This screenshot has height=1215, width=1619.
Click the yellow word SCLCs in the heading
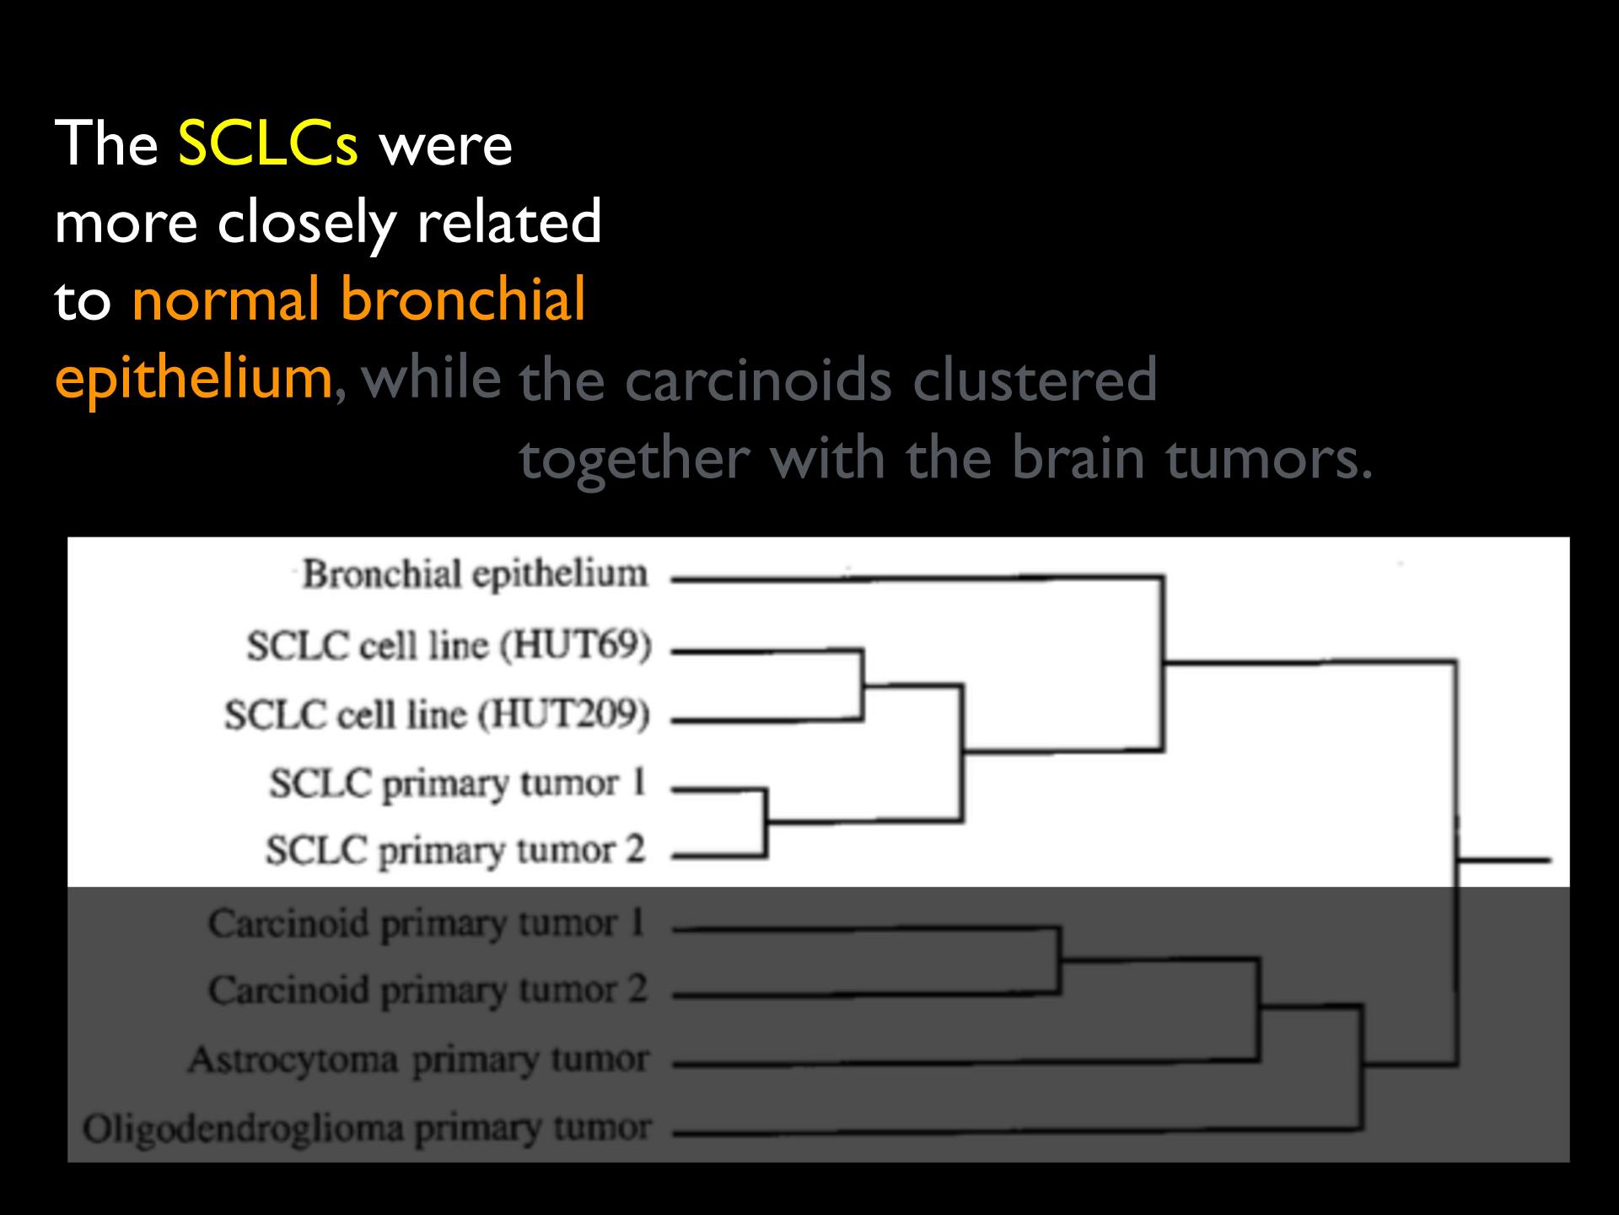coord(268,143)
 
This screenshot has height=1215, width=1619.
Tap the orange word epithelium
coord(194,379)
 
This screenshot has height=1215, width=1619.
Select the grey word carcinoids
coord(758,380)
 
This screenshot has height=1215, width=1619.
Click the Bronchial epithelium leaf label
coord(475,575)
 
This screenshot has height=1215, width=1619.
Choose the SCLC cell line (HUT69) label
coord(449,646)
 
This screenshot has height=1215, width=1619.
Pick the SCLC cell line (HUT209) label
coord(437,715)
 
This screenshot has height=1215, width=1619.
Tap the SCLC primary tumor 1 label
coord(457,785)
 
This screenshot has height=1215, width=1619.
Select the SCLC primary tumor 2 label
coord(455,850)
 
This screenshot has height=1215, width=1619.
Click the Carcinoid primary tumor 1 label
coord(427,923)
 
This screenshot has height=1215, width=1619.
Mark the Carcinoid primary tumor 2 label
coord(428,990)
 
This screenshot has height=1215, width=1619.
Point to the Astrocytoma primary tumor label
coord(419,1060)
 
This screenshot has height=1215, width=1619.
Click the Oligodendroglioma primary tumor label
coord(367,1129)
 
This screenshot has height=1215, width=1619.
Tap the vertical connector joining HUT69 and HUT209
coord(862,685)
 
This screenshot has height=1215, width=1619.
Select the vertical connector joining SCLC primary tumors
coord(765,823)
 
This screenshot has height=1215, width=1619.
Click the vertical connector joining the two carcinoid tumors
coord(1059,961)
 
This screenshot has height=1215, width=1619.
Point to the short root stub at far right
coord(1504,861)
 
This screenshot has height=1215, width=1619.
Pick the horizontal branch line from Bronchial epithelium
coord(917,578)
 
